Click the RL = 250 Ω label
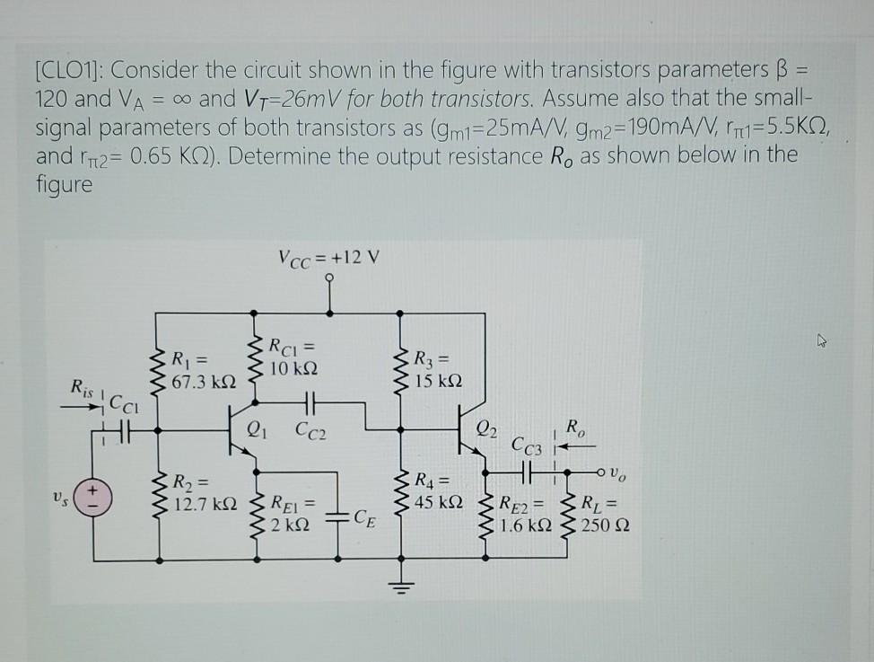[604, 515]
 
